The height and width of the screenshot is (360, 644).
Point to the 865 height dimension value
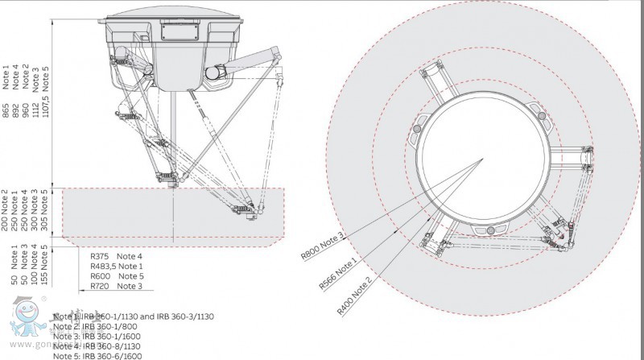pyautogui.click(x=6, y=111)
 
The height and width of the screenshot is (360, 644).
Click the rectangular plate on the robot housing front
pyautogui.click(x=175, y=32)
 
